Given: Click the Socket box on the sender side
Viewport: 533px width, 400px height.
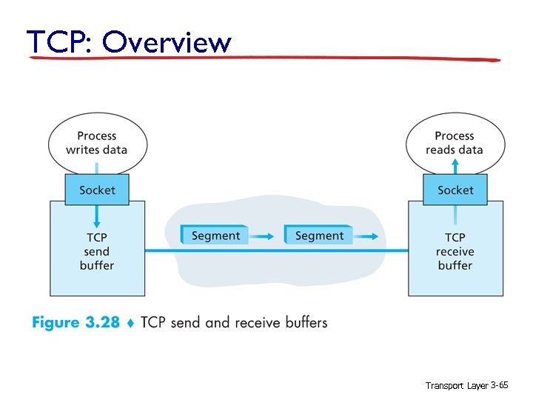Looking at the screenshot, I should pos(97,190).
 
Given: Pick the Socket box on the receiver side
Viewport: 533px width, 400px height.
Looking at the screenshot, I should pos(455,190).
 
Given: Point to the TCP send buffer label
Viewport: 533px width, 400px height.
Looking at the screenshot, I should pos(97,251).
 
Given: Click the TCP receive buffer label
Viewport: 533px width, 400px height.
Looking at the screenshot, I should pos(455,251).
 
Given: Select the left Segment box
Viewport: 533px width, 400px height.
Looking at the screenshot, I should pos(215,236).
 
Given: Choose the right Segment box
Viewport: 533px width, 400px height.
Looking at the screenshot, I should pos(318,236).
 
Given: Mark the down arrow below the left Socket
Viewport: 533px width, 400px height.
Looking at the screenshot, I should pos(97,217).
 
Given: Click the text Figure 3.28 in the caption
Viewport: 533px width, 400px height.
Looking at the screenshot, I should pos(76,322).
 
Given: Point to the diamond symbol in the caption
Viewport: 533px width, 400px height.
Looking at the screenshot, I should pos(130,323).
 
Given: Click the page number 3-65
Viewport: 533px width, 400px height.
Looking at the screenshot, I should pos(500,386).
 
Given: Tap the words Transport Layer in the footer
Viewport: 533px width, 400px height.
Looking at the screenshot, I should pos(456,386).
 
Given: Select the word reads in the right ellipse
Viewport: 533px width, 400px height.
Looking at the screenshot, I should pos(442,149).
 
